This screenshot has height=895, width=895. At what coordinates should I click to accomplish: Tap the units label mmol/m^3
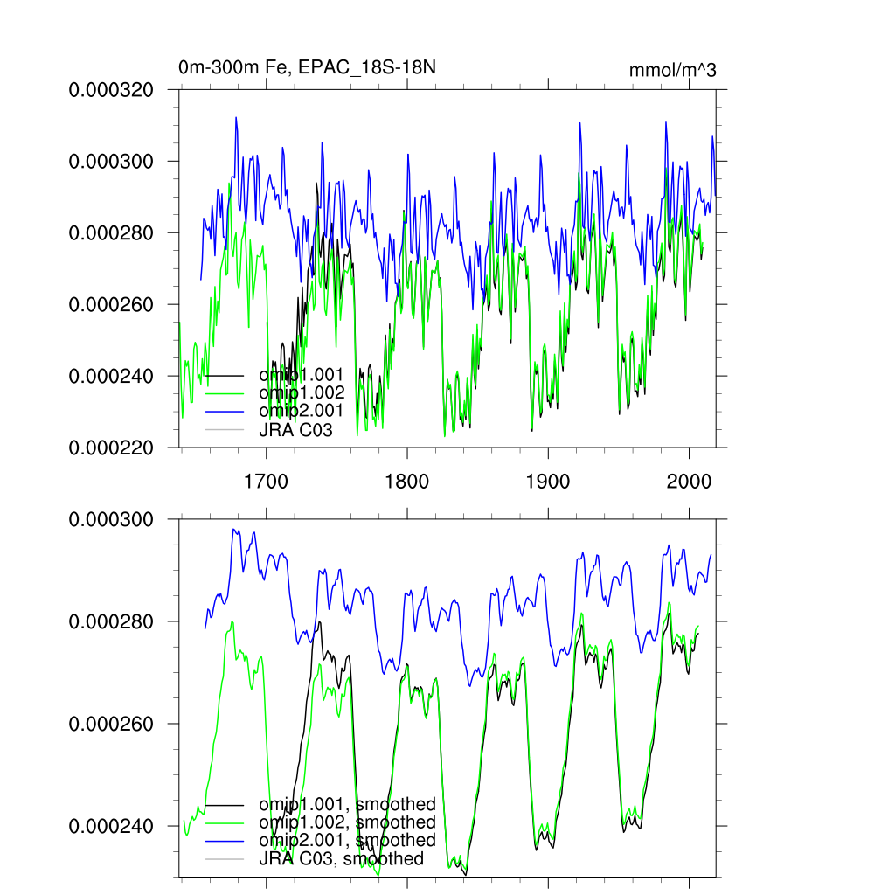tap(672, 71)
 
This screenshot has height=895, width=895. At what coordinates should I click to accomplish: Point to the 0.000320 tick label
tap(111, 89)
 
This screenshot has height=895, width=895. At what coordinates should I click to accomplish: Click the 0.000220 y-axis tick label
tap(111, 447)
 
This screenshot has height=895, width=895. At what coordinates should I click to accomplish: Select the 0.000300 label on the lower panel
tap(111, 519)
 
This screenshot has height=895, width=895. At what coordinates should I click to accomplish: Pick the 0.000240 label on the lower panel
tap(111, 827)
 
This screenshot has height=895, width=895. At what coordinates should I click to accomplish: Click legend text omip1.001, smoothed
tap(347, 803)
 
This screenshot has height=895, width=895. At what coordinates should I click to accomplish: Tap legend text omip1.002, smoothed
tap(347, 822)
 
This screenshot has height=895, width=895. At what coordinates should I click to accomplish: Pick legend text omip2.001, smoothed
tap(347, 840)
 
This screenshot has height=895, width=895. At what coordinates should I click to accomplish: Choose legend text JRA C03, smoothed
tap(341, 858)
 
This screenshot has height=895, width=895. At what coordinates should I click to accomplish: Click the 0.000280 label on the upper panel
tap(111, 232)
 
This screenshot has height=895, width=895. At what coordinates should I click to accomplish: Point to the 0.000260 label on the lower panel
tap(111, 725)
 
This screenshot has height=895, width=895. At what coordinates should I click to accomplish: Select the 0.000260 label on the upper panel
tap(111, 304)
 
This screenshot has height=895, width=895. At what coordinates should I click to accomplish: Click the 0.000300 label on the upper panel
tap(111, 161)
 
